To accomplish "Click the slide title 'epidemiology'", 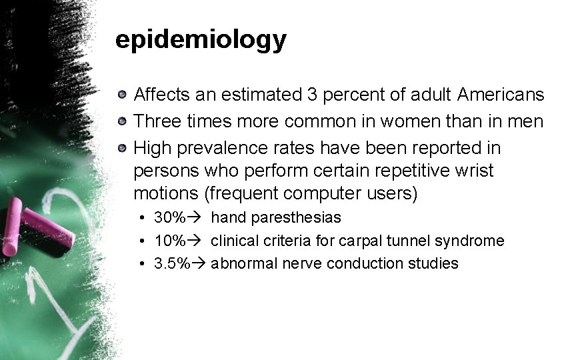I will pyautogui.click(x=201, y=41).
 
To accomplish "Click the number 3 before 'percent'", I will pyautogui.click(x=312, y=95).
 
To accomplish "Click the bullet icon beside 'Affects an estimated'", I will pyautogui.click(x=123, y=95).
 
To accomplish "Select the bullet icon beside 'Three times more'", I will pyautogui.click(x=123, y=121).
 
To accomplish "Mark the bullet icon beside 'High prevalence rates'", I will pyautogui.click(x=123, y=147).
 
